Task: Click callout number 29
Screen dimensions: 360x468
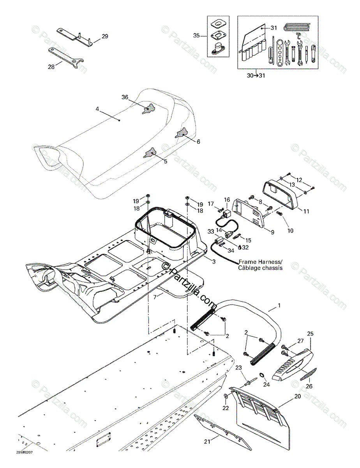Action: pos(105,37)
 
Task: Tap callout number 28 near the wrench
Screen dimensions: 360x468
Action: pos(51,67)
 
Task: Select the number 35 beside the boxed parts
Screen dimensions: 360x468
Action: pos(196,35)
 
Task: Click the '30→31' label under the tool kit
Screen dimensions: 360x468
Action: pos(256,75)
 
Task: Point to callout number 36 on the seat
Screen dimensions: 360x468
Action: pos(125,97)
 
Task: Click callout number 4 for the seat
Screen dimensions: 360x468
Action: pos(97,109)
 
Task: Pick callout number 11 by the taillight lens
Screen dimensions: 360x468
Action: pos(306,211)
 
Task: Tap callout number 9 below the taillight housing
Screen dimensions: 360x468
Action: pos(272,232)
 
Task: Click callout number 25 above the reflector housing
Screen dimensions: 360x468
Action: pos(310,334)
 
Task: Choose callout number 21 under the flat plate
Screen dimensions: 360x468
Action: pos(206,441)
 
